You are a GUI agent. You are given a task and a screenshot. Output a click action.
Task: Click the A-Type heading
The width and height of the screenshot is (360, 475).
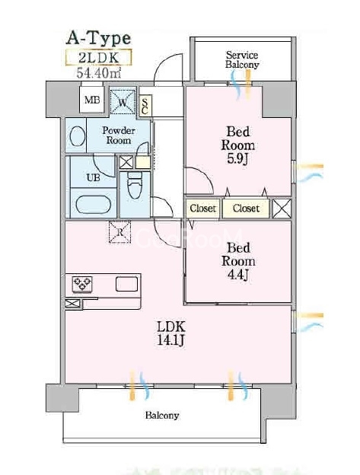pos(98,39)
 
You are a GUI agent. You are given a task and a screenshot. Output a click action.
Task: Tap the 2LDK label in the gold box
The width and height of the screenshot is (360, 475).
pos(99,58)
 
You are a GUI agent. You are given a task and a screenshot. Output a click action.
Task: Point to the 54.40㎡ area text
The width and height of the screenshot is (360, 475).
pos(99,73)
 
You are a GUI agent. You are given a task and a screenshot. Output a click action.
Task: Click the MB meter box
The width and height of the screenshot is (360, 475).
pos(92,100)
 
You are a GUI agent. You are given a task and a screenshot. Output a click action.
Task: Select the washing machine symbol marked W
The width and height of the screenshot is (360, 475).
pos(123,101)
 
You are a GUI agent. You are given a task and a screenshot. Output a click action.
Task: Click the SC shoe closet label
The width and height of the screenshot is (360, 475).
pos(145,106)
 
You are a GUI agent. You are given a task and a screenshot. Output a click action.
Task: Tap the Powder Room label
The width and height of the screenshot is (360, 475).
pos(119,135)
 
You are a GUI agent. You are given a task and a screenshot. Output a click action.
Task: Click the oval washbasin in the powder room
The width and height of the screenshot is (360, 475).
pos(77,135)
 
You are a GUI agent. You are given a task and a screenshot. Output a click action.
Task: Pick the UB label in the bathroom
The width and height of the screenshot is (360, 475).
pos(94,177)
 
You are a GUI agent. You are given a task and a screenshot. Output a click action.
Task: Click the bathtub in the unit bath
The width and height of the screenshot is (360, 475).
pos(92,205)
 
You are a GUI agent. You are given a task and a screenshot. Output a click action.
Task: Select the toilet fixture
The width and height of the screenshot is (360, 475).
pos(135,186)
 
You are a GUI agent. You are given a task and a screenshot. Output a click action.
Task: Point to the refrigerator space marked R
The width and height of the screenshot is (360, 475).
pos(120,231)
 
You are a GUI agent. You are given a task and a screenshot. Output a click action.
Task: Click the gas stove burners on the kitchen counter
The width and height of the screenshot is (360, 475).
pos(82,284)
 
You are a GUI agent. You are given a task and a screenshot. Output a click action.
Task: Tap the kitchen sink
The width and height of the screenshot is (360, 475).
pos(126,284)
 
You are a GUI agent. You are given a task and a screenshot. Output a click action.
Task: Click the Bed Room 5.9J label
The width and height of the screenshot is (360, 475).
pos(238,145)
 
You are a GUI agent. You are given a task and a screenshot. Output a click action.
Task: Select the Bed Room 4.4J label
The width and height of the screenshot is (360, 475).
pos(238,261)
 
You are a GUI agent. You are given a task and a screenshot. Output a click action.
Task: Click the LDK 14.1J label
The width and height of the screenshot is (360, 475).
pos(170,333)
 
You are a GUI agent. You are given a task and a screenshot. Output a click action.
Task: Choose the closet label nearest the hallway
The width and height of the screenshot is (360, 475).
pos(203,209)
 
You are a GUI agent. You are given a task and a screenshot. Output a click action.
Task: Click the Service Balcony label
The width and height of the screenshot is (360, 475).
pos(242,59)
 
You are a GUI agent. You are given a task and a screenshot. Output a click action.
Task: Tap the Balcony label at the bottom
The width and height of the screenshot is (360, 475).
pos(162,415)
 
